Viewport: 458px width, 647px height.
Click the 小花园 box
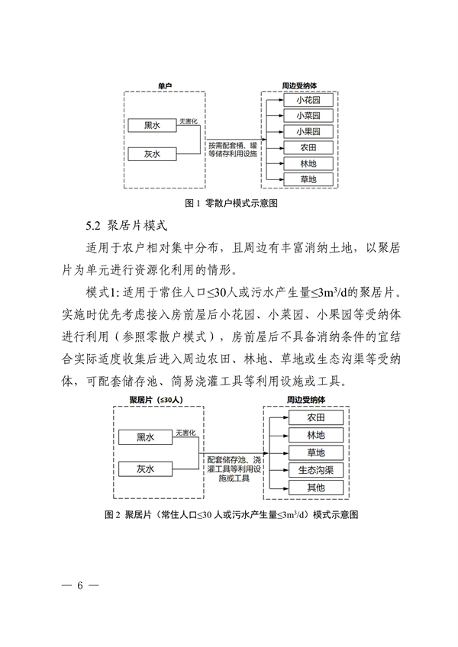pos(308,100)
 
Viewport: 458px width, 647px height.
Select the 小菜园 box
pos(308,116)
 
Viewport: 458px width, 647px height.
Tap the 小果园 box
pos(308,131)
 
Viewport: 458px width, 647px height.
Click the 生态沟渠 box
pos(315,470)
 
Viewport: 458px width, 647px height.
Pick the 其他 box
pos(315,487)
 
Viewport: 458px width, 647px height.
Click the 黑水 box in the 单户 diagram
pos(152,126)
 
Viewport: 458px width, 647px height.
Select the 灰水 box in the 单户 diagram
pos(152,154)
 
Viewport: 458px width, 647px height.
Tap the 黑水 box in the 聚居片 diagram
pos(145,437)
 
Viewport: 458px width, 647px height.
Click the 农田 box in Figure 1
pos(308,147)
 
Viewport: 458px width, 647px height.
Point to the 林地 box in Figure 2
pos(315,436)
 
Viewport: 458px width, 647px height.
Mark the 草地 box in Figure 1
pos(308,180)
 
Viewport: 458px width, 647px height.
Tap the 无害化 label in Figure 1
pos(189,121)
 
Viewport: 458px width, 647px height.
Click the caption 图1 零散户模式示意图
pos(231,204)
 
